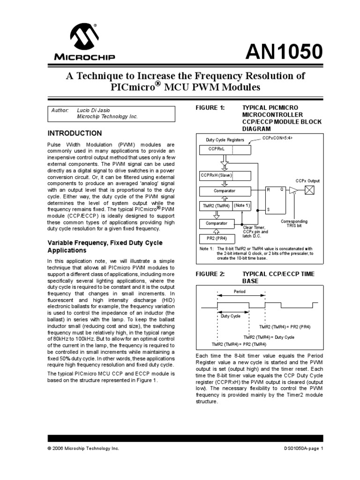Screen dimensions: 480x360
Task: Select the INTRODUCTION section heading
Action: pos(75,134)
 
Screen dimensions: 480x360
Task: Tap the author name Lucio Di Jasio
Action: pos(93,110)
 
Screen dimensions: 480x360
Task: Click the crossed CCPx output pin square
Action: pos(309,190)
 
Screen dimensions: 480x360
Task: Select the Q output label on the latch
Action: pos(281,190)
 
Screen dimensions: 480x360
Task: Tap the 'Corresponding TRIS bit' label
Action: pos(294,223)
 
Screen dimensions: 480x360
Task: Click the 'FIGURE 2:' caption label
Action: pos(210,274)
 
